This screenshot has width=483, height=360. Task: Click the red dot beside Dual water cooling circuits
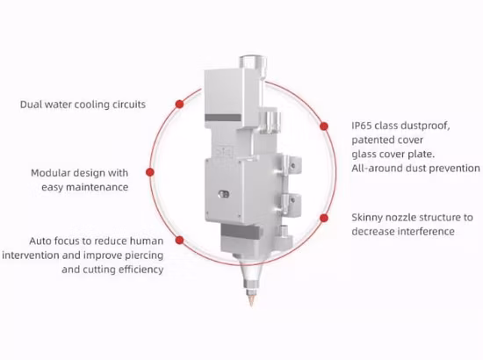click(x=178, y=104)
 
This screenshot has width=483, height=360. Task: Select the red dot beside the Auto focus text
click(x=180, y=239)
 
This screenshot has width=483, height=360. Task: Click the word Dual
click(x=33, y=104)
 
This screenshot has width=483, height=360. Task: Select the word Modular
click(x=52, y=173)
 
